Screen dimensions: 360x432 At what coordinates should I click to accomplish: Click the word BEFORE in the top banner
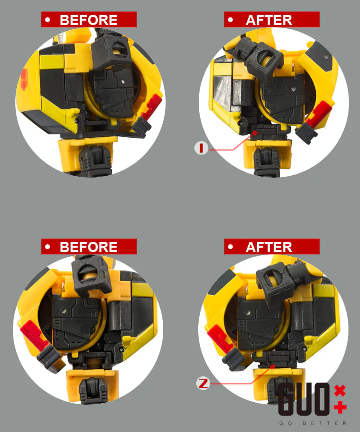click(x=88, y=20)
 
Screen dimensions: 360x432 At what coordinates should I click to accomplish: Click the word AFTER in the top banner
click(x=269, y=20)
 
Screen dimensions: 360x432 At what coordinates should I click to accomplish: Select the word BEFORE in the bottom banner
click(x=88, y=247)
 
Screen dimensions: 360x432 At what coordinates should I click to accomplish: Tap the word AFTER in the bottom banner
click(x=269, y=247)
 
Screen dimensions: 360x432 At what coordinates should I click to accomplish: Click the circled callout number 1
click(x=201, y=148)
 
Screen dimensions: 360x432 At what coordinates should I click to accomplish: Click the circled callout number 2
click(x=203, y=383)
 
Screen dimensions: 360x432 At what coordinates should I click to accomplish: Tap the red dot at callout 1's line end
click(x=255, y=133)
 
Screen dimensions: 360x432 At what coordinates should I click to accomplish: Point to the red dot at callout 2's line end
click(x=273, y=366)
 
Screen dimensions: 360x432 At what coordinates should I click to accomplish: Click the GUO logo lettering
click(x=304, y=399)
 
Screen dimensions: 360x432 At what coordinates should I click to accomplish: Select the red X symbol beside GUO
click(x=340, y=391)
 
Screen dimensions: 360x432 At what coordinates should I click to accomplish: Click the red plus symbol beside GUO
click(x=340, y=408)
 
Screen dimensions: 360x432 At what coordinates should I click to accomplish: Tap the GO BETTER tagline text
click(x=313, y=423)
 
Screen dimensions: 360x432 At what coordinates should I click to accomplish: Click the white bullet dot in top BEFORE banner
click(x=48, y=20)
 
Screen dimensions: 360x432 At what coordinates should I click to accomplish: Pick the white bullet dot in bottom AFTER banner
click(x=230, y=247)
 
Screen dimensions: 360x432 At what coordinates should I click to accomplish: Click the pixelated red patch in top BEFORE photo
click(x=24, y=79)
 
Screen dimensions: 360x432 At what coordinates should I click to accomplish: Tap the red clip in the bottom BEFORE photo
click(x=33, y=333)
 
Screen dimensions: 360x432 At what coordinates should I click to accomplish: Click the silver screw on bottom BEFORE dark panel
click(x=64, y=311)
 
